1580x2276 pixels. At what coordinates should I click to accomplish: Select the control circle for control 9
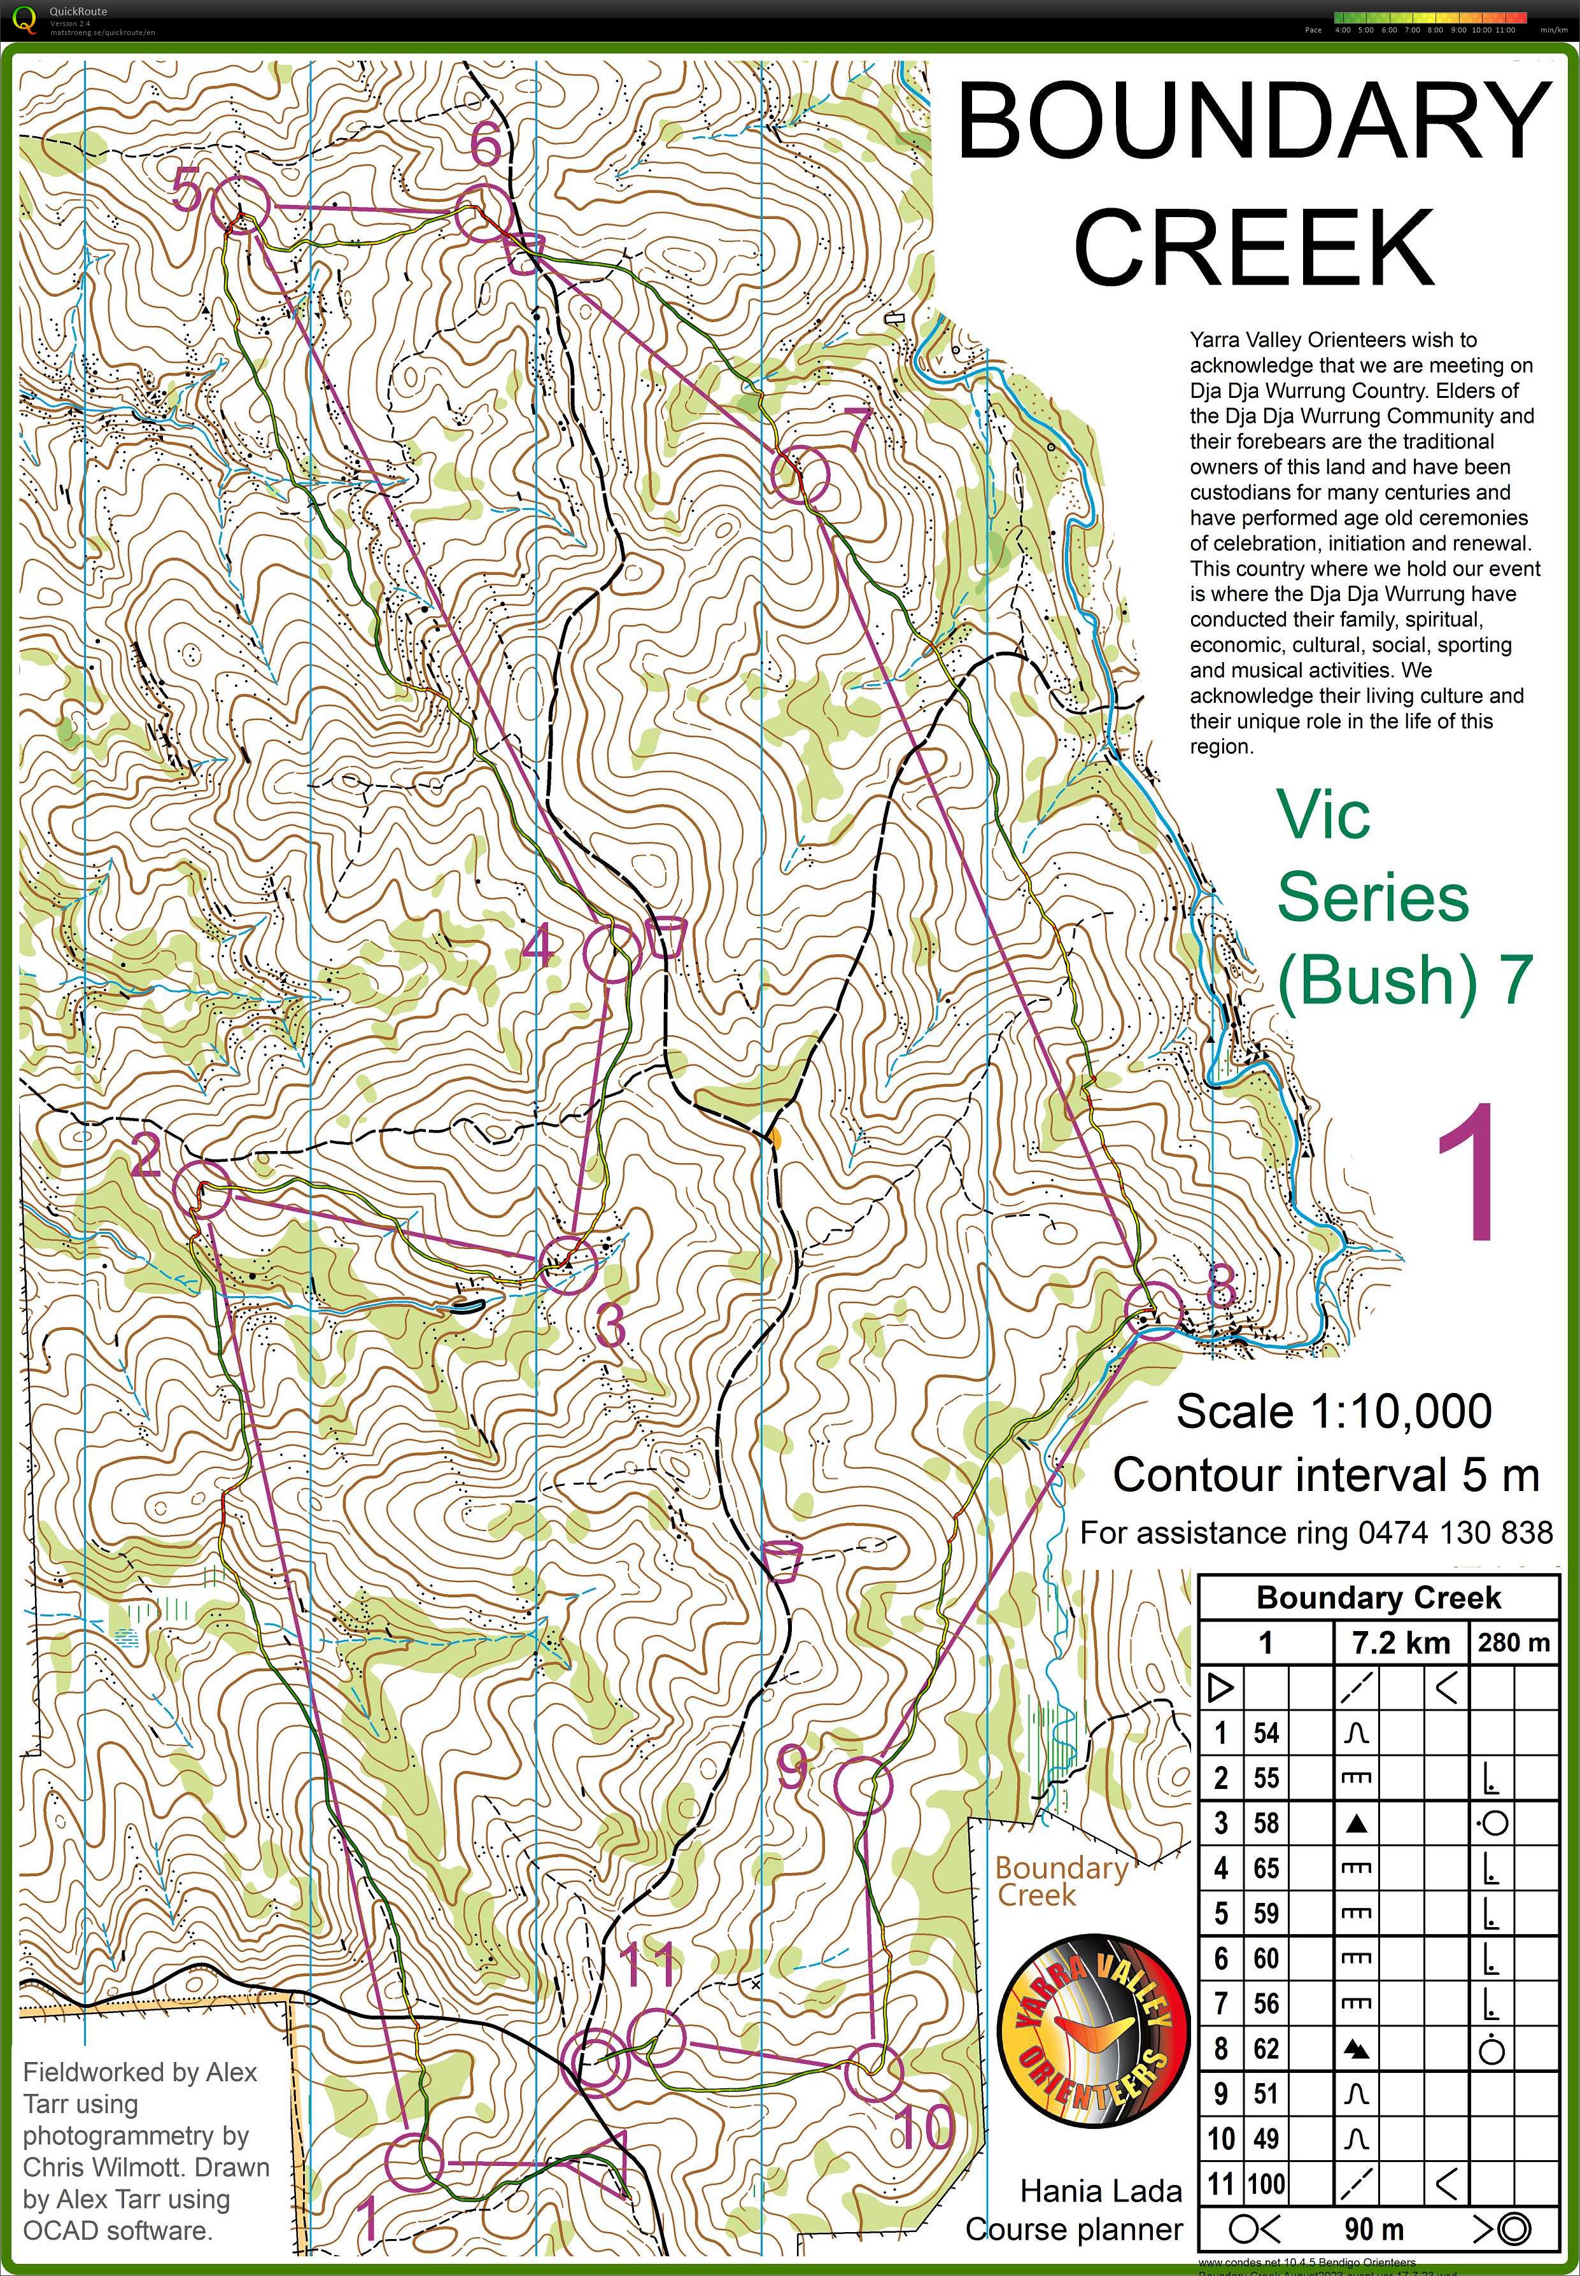click(x=863, y=1785)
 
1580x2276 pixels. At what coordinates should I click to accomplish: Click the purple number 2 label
click(x=146, y=1154)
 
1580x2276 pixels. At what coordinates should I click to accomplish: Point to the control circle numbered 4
click(x=612, y=953)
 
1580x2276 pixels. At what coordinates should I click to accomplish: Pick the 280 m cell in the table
click(x=1513, y=1643)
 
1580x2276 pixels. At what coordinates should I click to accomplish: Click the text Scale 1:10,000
click(x=1334, y=1411)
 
